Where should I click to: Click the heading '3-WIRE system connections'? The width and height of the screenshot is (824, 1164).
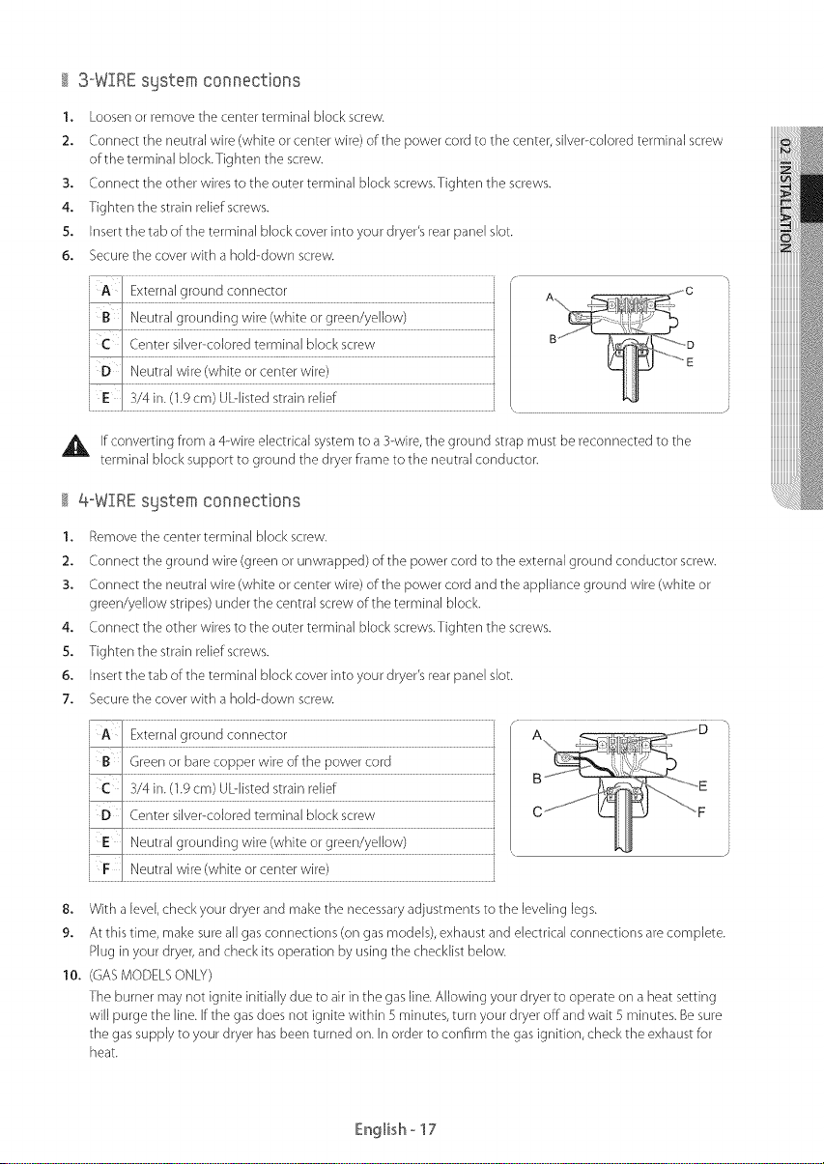coord(189,80)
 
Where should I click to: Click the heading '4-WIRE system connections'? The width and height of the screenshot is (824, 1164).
coord(189,501)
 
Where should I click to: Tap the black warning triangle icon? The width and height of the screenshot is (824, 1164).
coord(76,446)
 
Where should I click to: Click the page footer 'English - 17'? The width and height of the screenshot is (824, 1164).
coord(395,1129)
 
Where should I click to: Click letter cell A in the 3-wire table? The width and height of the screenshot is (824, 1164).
coord(105,290)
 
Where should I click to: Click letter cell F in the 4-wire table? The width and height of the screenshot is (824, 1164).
coord(105,868)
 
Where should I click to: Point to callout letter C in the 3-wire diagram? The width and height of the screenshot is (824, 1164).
coord(690,291)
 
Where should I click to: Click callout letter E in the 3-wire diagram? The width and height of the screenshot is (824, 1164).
coord(690,362)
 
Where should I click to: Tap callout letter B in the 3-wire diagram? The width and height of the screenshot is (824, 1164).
coord(553,339)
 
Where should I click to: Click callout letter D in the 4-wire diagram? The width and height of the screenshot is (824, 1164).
coord(703,730)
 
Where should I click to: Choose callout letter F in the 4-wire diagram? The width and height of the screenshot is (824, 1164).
coord(701,812)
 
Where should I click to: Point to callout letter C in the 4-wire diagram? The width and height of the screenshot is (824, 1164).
coord(538,811)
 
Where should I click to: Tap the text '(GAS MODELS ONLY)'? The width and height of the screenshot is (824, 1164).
coord(151,975)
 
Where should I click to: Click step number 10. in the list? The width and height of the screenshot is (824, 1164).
coord(72,976)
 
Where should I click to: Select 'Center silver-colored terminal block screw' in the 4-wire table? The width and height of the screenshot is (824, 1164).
coord(252,815)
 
